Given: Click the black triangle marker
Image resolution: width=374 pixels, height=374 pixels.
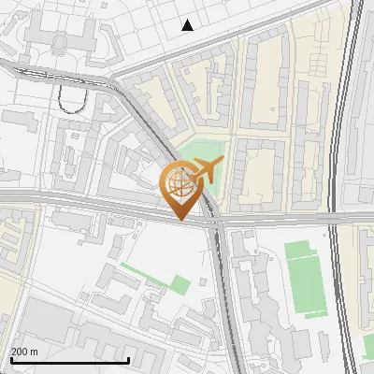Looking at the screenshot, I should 188,25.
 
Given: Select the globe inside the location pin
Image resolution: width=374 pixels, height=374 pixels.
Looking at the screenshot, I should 180,181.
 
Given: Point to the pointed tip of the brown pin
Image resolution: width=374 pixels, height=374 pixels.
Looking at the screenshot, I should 180,221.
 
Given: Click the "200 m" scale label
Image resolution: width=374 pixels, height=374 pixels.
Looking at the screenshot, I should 24,352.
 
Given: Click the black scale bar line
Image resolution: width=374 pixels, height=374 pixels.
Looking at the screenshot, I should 69,360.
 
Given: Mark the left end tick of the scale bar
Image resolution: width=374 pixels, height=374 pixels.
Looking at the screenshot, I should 10,358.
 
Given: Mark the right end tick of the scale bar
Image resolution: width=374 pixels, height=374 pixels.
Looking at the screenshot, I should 128,358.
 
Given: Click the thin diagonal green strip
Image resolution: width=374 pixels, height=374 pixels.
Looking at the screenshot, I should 140,274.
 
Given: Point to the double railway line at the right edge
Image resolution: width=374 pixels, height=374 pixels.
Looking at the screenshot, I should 347,187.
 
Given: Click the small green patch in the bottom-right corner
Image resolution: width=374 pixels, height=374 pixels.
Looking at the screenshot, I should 368,348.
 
